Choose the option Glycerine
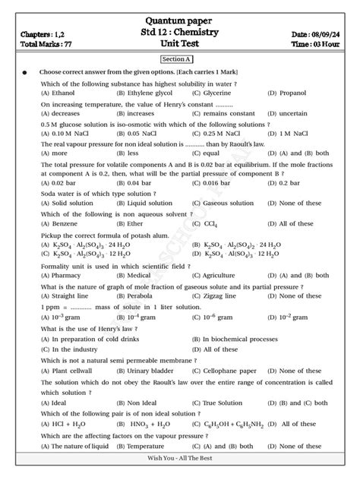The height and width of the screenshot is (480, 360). click(219, 92)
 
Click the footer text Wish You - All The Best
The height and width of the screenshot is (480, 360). click(179, 471)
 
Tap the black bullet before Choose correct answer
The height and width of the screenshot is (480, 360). click(24, 73)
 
